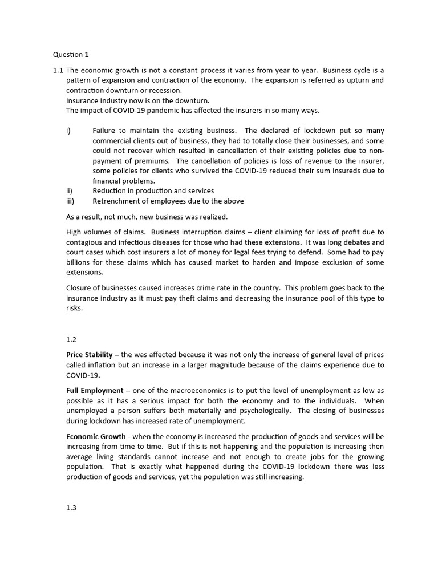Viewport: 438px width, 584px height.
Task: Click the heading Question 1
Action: pos(71,55)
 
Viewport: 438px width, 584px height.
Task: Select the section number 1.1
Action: pos(58,70)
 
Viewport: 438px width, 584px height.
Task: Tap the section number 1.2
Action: pos(71,339)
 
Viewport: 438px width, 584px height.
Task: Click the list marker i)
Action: pos(68,130)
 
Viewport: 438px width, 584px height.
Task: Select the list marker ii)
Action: pos(70,190)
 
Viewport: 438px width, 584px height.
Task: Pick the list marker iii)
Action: pos(70,201)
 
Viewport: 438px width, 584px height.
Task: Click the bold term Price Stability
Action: pos(89,355)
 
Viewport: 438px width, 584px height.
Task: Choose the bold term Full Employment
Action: pos(95,391)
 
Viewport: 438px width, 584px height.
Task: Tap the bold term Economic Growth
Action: pos(95,436)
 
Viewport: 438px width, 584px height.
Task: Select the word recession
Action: pos(165,91)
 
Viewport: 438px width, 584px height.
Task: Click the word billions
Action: pos(79,262)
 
